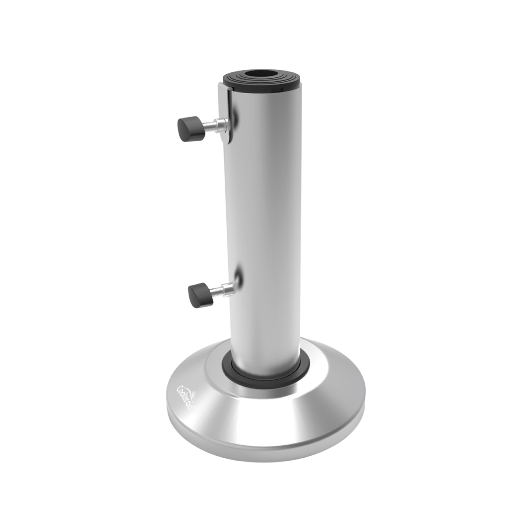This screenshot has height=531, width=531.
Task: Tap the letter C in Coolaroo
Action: click(179, 389)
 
